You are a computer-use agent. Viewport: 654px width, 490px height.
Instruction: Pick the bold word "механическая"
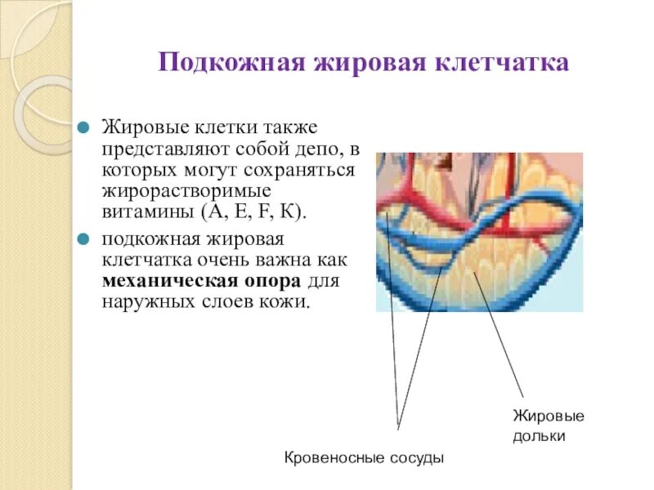[x=163, y=281]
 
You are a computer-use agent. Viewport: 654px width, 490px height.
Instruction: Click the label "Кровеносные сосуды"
[x=364, y=458]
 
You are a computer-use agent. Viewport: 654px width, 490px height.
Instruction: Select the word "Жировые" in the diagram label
[x=548, y=416]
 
